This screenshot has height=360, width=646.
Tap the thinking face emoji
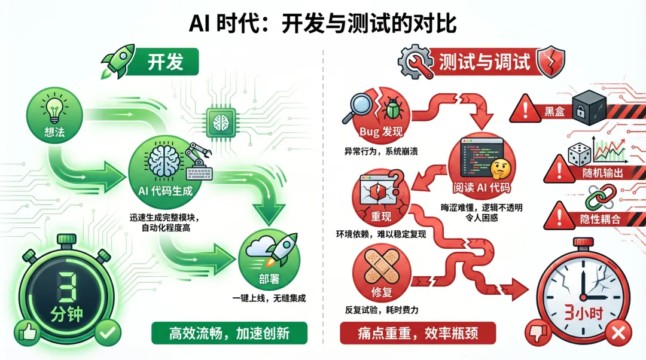pyautogui.click(x=498, y=169)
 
